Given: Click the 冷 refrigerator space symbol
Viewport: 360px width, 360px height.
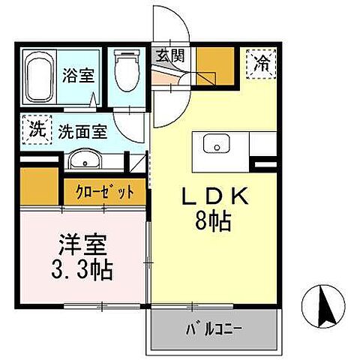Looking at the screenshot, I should coord(262,60).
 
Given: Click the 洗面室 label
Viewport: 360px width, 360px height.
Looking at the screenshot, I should coord(82,130).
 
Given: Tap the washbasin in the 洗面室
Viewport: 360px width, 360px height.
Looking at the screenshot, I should coord(87,159).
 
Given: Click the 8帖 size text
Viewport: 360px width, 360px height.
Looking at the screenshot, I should coord(214,222).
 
